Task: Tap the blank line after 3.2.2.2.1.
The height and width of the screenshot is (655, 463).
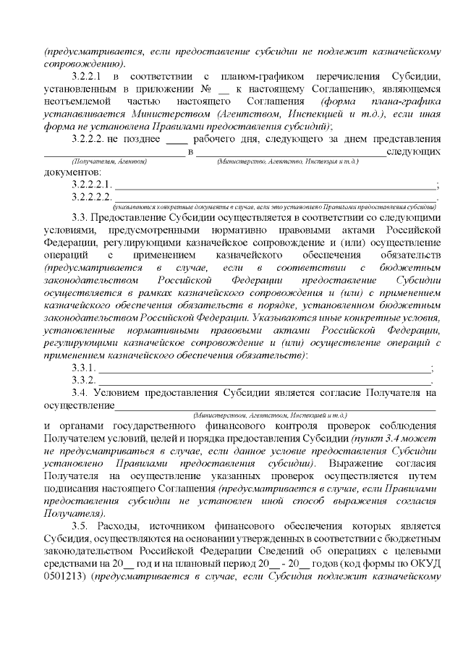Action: pyautogui.click(x=275, y=185)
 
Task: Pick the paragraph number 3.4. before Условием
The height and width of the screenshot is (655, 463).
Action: pyautogui.click(x=82, y=392)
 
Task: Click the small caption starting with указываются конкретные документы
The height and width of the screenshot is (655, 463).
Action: pyautogui.click(x=275, y=206)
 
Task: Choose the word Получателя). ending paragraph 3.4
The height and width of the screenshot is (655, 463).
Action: pyautogui.click(x=72, y=507)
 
